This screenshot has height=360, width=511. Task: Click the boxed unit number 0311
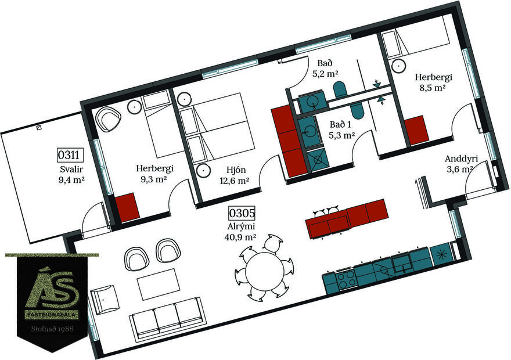(x=68, y=155)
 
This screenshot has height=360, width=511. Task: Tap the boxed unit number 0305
(x=242, y=213)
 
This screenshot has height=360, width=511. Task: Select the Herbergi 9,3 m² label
(x=154, y=174)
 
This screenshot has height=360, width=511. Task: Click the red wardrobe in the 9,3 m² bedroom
(x=125, y=206)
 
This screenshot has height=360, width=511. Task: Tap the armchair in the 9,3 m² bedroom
(x=109, y=119)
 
